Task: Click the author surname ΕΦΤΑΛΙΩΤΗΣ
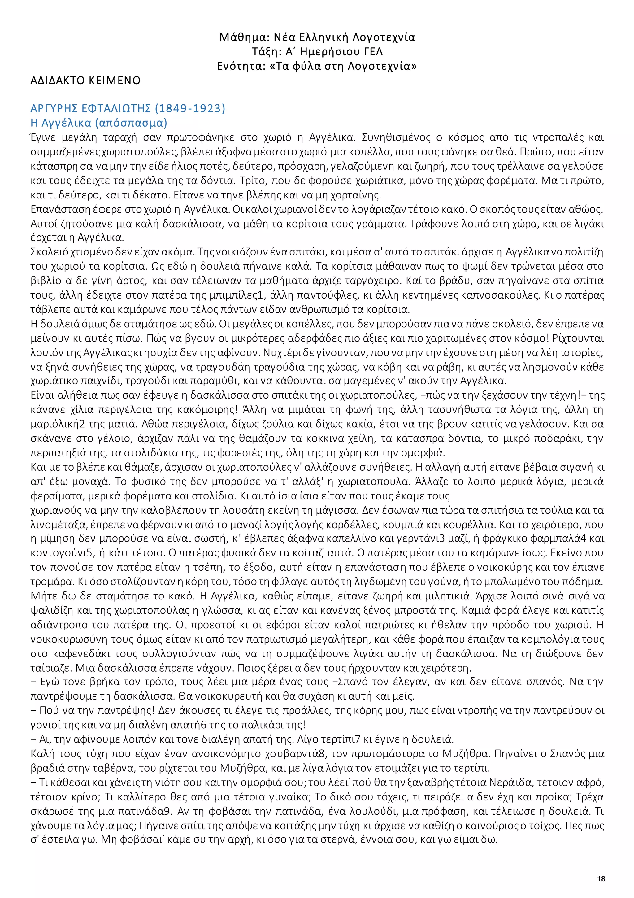pos(116,108)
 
